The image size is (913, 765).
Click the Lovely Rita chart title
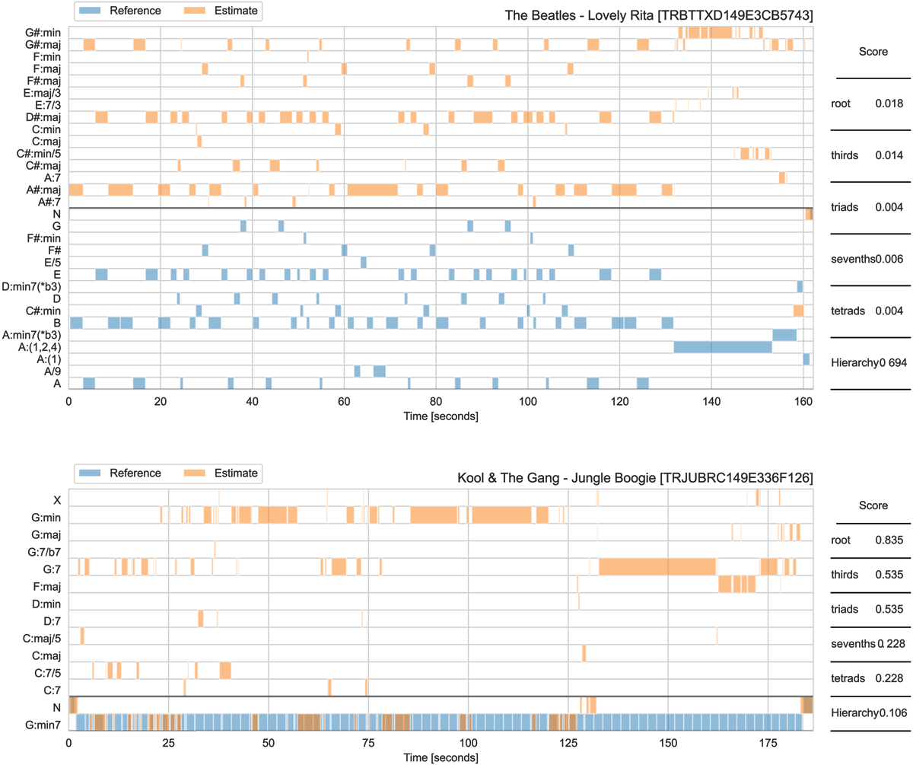(659, 15)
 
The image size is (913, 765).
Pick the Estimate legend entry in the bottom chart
(228, 473)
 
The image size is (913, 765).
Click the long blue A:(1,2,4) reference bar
(723, 347)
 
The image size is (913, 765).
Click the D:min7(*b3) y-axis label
(31, 287)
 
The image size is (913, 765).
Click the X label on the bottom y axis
(57, 500)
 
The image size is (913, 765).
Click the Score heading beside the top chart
(873, 53)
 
